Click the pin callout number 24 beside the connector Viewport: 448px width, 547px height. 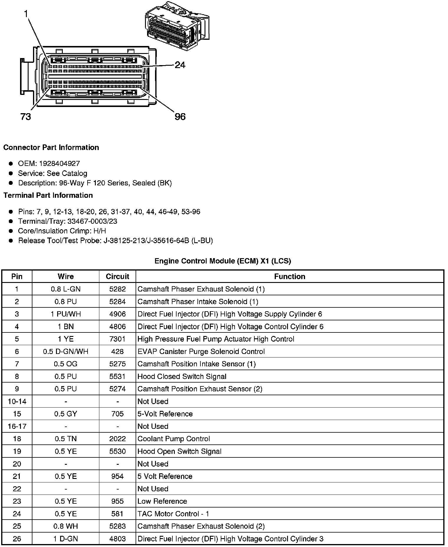coord(180,65)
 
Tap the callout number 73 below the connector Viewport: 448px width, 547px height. coord(26,117)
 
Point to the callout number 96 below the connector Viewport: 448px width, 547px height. coord(180,117)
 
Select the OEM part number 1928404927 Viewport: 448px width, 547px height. coord(59,164)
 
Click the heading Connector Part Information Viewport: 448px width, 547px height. coord(51,147)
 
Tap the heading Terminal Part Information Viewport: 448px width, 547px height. coord(48,195)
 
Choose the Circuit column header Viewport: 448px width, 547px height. coord(117,276)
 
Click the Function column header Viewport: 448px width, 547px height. coord(290,276)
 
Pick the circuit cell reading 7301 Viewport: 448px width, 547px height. coord(117,339)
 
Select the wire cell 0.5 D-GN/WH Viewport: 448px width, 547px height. coord(65,352)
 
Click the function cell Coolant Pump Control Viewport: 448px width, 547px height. coord(174,439)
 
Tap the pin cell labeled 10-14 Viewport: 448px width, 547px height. coord(17,401)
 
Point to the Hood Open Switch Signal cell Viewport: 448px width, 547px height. coord(179,451)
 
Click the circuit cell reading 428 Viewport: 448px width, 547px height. coord(117,352)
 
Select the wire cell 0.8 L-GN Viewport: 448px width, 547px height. coord(65,289)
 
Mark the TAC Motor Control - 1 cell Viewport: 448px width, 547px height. coord(173,514)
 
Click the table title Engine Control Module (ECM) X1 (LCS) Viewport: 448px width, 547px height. coord(223,261)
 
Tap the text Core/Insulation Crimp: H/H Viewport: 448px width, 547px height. coord(62,231)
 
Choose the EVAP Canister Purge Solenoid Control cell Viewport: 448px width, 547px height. coord(201,352)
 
